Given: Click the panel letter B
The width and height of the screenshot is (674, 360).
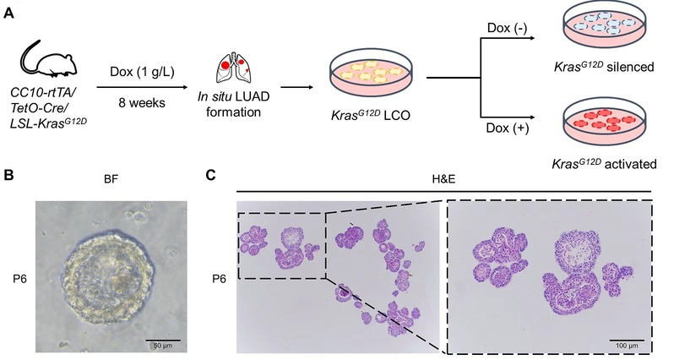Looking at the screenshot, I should (8, 176).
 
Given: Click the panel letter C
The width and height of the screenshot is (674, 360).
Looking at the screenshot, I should (212, 176).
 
